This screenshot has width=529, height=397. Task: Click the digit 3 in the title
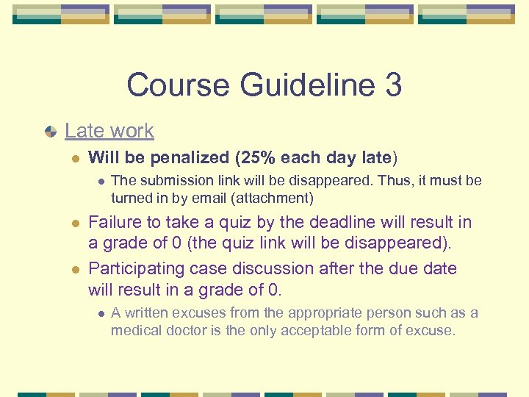click(392, 85)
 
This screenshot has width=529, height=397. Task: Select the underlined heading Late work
click(109, 131)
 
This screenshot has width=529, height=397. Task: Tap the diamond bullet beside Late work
click(50, 132)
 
